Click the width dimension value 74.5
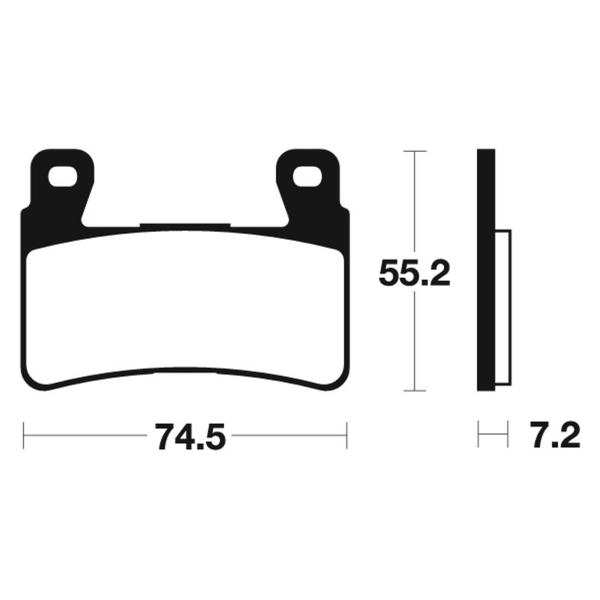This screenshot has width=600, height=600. tap(190, 436)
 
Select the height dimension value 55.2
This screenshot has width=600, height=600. tap(414, 274)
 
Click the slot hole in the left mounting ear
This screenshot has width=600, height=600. tap(63, 177)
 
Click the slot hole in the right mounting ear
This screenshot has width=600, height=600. tap(307, 177)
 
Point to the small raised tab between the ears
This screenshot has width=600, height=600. tap(184, 226)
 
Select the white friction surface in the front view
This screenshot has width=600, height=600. tap(184, 307)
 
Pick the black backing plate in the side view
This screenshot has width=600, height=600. tap(485, 270)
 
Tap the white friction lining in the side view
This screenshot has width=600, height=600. tap(503, 307)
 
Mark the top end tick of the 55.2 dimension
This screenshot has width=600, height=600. tap(415, 151)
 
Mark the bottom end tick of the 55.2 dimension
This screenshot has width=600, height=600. tap(415, 391)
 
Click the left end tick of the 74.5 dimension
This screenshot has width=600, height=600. tap(24, 435)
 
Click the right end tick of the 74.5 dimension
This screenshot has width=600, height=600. tap(346, 435)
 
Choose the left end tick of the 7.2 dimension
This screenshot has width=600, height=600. tap(478, 435)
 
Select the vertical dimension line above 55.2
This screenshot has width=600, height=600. tap(415, 202)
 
